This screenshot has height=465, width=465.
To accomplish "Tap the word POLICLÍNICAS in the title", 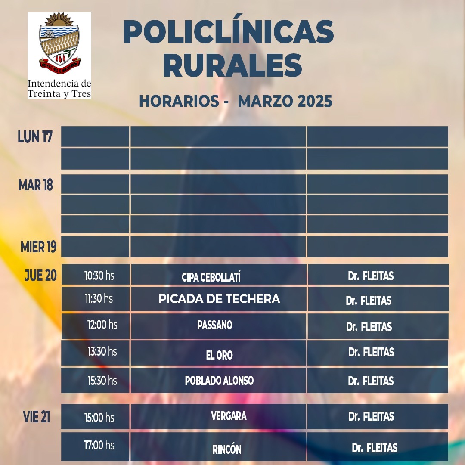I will coord(228,32).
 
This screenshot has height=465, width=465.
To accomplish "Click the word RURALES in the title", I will coord(232,65).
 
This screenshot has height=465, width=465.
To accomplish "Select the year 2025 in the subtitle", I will coord(315,101).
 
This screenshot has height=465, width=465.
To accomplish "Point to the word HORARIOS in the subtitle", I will coord(179,101).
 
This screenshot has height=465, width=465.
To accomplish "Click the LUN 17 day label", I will coord(35,137).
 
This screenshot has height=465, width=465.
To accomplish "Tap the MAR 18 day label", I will coord(35,185).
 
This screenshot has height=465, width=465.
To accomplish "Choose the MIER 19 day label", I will coord(38,247).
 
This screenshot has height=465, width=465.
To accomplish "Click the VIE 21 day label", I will coord(36,417).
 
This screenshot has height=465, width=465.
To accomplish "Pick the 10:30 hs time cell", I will coord(99,276).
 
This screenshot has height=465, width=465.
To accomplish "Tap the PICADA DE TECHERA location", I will coord(219,299).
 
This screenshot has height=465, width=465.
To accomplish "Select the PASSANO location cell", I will coord(215,325).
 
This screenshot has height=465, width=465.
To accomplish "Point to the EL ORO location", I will coord(219,355).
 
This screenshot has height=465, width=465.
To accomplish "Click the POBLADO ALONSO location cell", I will coord(219,381).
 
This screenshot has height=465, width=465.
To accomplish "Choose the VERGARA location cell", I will coord(229,416).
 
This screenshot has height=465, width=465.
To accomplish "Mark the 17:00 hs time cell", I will coord(99,445).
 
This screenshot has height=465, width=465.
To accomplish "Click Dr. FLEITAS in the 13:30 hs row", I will coord(371,352).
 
